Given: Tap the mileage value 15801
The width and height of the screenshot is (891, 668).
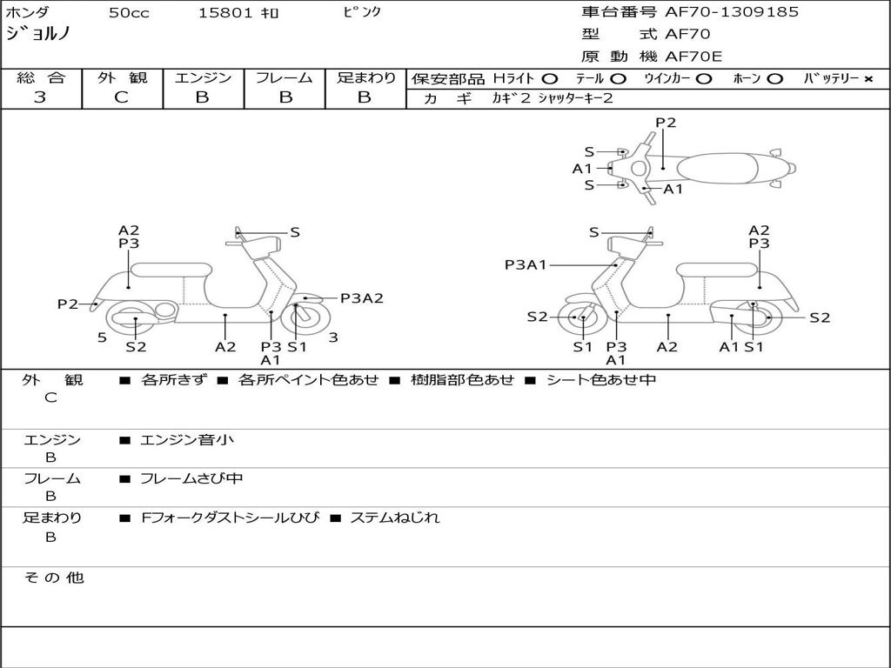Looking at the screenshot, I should point(225,13).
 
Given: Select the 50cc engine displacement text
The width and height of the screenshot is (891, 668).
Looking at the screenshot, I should point(127,13).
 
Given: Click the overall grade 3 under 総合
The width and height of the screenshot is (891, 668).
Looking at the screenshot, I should point(40,97).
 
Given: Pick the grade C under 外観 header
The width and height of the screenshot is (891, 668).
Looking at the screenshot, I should point(121,97).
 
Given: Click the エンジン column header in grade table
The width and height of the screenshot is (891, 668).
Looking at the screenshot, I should point(203,77).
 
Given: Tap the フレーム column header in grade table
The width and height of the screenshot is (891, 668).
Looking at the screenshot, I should point(284,77).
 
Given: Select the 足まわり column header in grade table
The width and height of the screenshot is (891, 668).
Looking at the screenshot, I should point(366,77).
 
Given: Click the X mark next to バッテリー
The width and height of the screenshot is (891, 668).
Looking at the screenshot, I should point(868,79).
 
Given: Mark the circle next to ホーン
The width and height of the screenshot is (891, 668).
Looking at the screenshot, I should point(774,79).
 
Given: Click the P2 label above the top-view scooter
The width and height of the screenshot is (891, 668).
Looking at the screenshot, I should point(666,123).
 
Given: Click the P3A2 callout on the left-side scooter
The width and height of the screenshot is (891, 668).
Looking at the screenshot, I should point(361,298).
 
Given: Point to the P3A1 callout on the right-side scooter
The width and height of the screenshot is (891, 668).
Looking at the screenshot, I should point(526,264).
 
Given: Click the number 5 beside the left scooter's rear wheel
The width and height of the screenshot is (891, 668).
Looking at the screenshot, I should point(102,337).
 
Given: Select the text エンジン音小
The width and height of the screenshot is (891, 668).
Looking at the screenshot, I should point(187,440).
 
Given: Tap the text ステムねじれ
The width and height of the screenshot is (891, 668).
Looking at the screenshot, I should point(395,518).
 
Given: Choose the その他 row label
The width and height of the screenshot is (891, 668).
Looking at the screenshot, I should point(53,578).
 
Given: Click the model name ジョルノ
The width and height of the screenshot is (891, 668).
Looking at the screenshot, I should point(39,33).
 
